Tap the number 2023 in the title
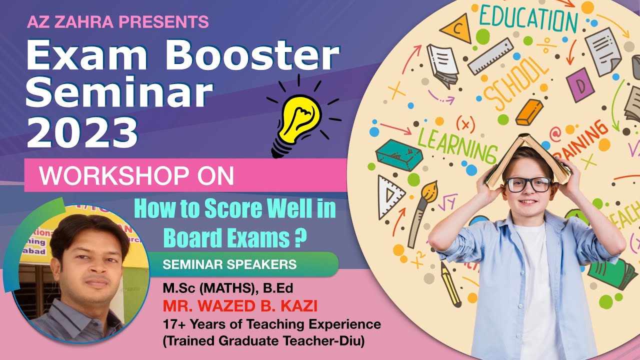pos(82,132)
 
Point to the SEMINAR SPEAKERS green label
pos(230,264)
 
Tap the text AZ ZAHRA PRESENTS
pos(117,21)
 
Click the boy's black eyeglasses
pos(528,184)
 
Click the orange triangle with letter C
pos(456,29)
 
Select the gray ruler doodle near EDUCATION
pos(490,56)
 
